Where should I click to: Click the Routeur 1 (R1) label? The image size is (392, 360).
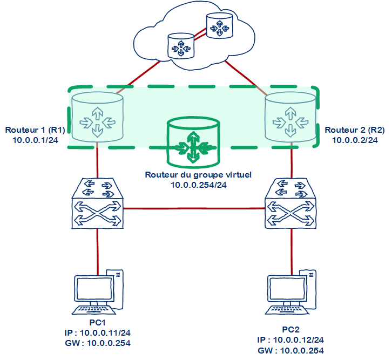pyautogui.click(x=35, y=131)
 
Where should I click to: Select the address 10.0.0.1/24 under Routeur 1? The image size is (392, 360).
pyautogui.click(x=35, y=140)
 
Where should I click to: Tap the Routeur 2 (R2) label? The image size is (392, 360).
pyautogui.click(x=354, y=131)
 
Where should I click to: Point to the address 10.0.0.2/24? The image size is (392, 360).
pyautogui.click(x=354, y=140)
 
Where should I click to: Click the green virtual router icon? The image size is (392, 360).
pyautogui.click(x=193, y=144)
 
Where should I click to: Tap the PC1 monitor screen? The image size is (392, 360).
pyautogui.click(x=93, y=291)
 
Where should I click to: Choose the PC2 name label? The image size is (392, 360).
pyautogui.click(x=290, y=330)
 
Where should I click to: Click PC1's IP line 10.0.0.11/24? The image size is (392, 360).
pyautogui.click(x=98, y=332)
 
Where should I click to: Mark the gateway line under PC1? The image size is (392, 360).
pyautogui.click(x=98, y=343)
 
